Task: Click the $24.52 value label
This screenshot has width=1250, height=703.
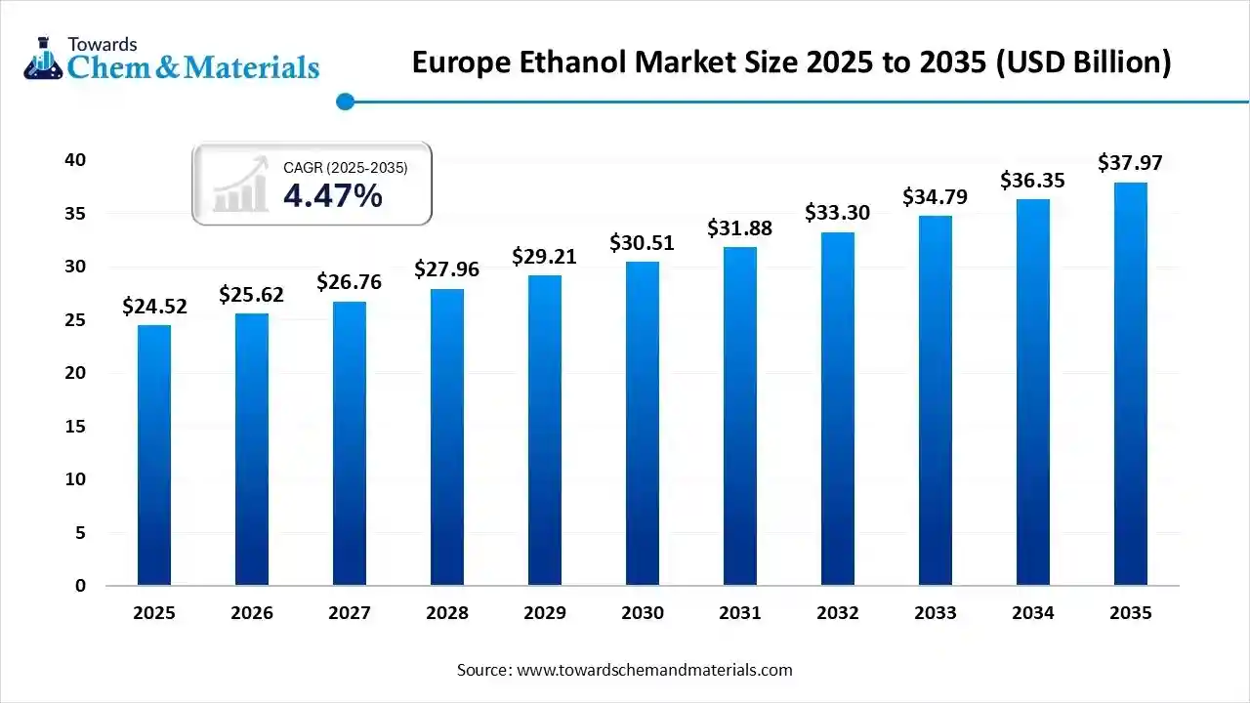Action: [154, 307]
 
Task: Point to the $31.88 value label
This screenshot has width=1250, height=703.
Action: [740, 229]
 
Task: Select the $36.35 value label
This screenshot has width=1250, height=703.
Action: [1032, 181]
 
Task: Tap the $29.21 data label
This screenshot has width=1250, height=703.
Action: [545, 257]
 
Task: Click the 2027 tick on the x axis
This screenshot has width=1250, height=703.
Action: [350, 613]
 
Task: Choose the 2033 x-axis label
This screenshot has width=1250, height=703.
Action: [936, 613]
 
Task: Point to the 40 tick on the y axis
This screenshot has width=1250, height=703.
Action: [76, 160]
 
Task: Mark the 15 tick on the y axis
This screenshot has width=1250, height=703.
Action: [76, 427]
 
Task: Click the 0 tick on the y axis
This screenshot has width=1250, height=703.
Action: [81, 586]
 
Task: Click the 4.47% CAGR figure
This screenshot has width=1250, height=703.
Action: [332, 196]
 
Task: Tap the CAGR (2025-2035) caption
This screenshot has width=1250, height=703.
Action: [345, 168]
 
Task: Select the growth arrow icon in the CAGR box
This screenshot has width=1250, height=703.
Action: [240, 185]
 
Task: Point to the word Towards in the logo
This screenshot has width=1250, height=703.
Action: [102, 44]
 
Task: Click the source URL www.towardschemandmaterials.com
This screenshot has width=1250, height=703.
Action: [654, 670]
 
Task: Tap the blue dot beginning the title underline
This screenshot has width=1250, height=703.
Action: [344, 101]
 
